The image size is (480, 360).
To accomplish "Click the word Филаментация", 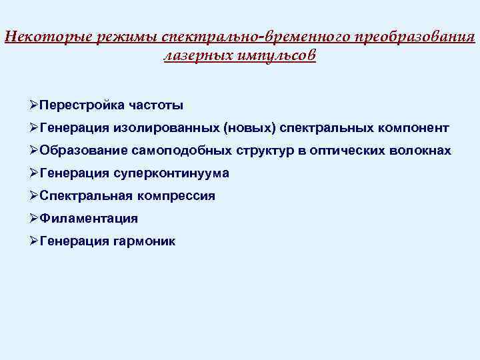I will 89,219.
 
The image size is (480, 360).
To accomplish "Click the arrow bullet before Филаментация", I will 34,218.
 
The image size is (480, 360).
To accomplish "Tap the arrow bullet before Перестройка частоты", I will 34,105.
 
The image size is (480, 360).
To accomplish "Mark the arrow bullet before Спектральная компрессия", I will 34,195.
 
